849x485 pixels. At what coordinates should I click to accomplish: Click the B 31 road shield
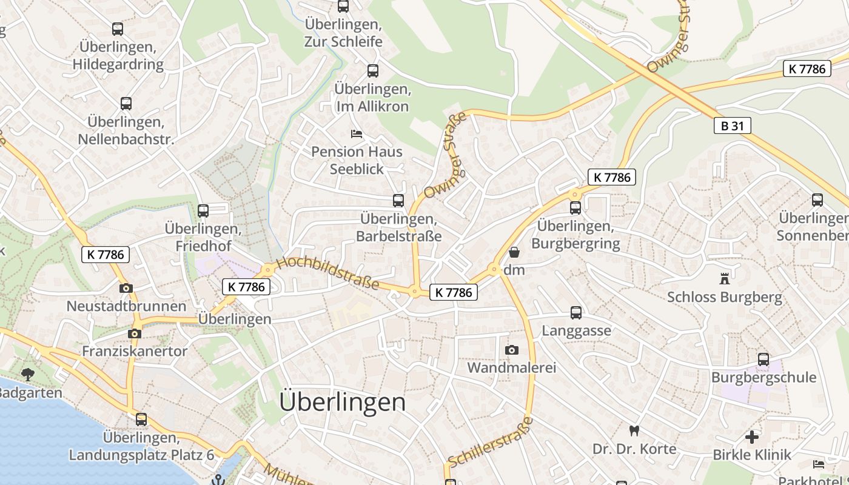pyautogui.click(x=732, y=126)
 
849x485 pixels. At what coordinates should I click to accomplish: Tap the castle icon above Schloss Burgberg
pyautogui.click(x=724, y=279)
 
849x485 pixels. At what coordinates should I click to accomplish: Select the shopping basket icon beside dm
pyautogui.click(x=514, y=252)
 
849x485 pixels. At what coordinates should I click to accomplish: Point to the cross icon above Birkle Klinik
pyautogui.click(x=752, y=436)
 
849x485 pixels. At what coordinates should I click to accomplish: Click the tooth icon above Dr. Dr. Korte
pyautogui.click(x=634, y=431)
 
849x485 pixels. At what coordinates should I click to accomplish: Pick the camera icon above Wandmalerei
pyautogui.click(x=512, y=350)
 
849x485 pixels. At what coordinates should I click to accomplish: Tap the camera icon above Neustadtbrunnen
pyautogui.click(x=126, y=289)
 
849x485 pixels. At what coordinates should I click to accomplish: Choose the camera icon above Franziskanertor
pyautogui.click(x=135, y=333)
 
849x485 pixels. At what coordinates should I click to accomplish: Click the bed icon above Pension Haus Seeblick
pyautogui.click(x=357, y=133)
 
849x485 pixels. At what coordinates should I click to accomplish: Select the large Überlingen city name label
pyautogui.click(x=343, y=402)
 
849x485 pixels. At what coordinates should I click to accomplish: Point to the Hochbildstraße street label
pyautogui.click(x=328, y=274)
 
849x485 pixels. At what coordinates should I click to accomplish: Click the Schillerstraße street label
pyautogui.click(x=490, y=441)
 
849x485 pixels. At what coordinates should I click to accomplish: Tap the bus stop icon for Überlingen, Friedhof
pyautogui.click(x=203, y=211)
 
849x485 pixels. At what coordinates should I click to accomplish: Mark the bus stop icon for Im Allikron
pyautogui.click(x=373, y=71)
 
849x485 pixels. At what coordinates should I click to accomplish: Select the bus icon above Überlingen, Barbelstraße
pyautogui.click(x=398, y=201)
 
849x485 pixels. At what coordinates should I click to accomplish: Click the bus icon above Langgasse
pyautogui.click(x=576, y=313)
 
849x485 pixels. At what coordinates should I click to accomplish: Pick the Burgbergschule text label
pyautogui.click(x=763, y=378)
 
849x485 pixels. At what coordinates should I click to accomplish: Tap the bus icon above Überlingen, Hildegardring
pyautogui.click(x=118, y=28)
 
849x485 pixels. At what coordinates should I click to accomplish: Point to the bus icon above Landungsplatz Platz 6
pyautogui.click(x=141, y=419)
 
